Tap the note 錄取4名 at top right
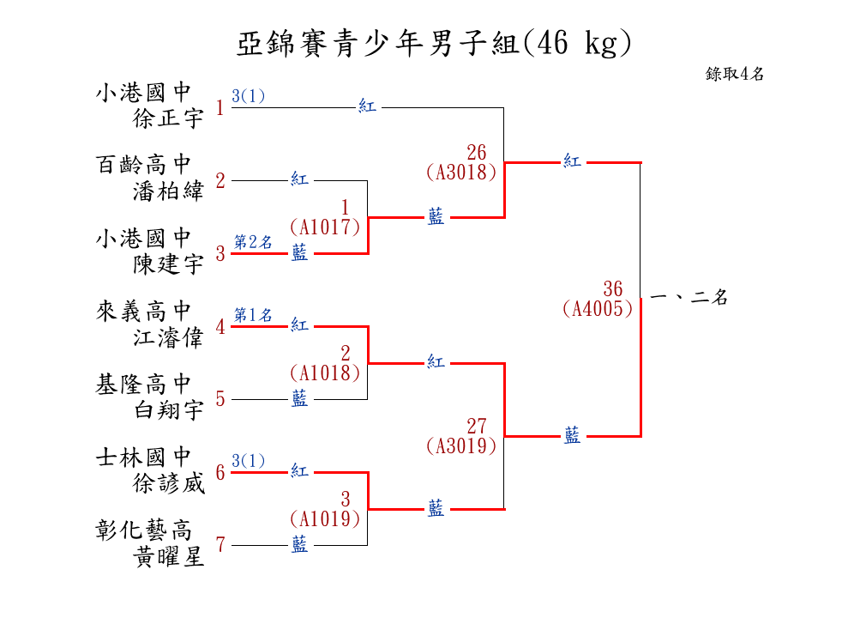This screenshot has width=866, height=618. [x=735, y=74]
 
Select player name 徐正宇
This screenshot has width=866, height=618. [x=168, y=118]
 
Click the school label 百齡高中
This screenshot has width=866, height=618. [x=143, y=164]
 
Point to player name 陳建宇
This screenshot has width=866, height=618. [x=168, y=264]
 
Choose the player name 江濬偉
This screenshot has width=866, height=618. [x=168, y=337]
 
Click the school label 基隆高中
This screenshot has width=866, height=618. [x=143, y=383]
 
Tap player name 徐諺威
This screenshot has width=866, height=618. [x=168, y=483]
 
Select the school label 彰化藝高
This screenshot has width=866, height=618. [x=143, y=529]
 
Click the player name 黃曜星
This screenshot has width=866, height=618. [x=168, y=557]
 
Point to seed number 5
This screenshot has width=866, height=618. [x=220, y=399]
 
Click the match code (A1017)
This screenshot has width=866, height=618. [x=325, y=227]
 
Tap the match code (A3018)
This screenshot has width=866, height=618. [x=461, y=172]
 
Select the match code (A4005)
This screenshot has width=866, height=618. [x=598, y=308]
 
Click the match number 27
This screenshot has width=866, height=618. [x=476, y=426]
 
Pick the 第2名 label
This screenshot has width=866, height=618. [x=253, y=242]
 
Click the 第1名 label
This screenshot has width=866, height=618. [x=253, y=315]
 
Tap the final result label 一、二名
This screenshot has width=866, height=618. [x=689, y=298]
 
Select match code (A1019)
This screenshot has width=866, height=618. [x=325, y=518]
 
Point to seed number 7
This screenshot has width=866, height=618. [x=220, y=545]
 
